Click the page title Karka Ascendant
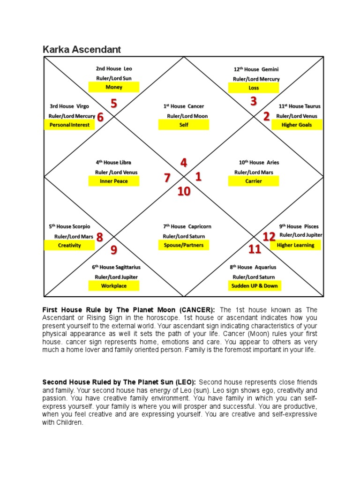pos(82,49)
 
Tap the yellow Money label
pos(114,87)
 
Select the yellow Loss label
pos(254,88)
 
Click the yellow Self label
pos(184,125)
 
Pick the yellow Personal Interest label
pos(69,125)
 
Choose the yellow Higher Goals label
pos(297,125)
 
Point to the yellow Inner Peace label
pos(114,181)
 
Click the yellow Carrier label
pos(254,181)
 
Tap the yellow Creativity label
pos(69,245)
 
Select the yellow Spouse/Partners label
pos(184,245)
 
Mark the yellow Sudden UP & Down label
pos(254,285)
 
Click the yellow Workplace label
pos(114,285)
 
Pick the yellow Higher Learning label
pos(296,245)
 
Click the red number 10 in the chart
pos(184,191)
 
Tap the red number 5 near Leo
pos(114,103)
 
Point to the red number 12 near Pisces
pos(269,237)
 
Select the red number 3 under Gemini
pos(254,101)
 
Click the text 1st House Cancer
pos(184,106)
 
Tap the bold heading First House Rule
pos(72,310)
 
